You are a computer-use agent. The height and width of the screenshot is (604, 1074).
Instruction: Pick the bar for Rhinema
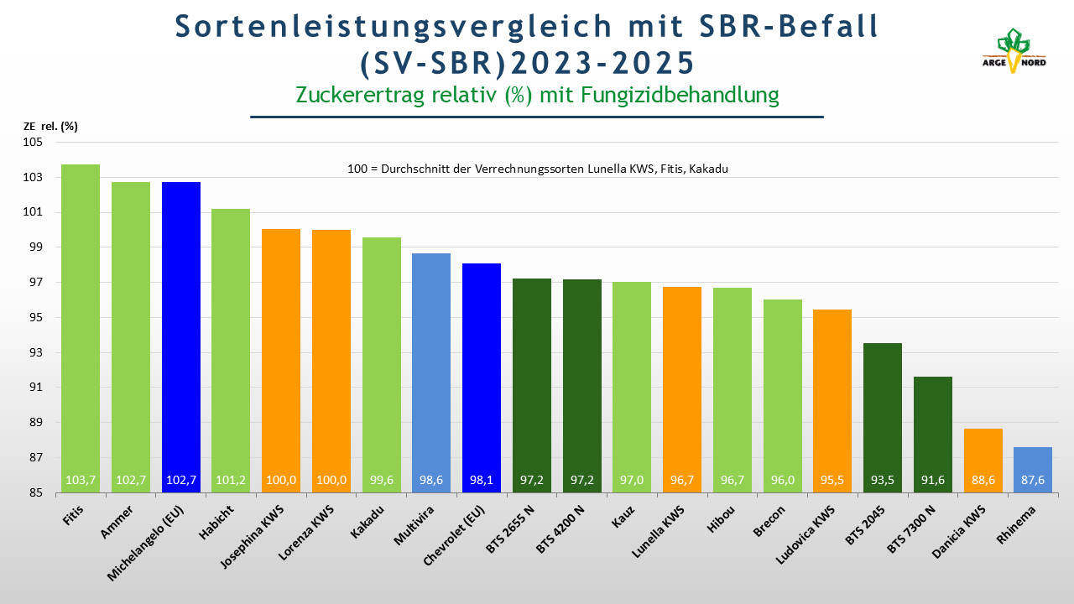1033,470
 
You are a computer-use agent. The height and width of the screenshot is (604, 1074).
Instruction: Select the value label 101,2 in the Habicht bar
231,481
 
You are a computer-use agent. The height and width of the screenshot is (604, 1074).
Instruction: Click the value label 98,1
482,481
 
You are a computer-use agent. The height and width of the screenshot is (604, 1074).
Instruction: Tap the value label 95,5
832,481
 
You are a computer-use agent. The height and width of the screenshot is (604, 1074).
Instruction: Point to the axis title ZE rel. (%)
50,127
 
